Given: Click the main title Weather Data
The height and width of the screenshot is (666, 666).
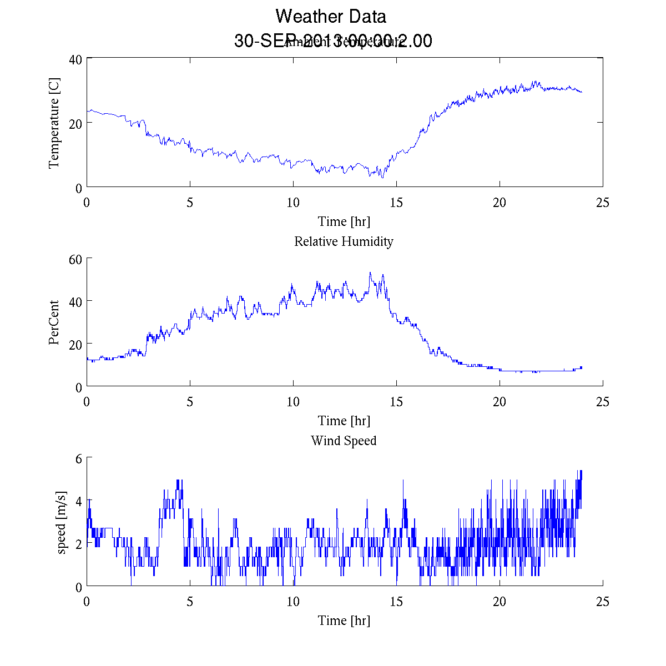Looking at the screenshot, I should click(331, 16).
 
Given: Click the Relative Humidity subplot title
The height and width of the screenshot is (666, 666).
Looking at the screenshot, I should click(344, 241).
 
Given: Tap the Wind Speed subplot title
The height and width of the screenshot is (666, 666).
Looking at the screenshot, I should click(344, 441).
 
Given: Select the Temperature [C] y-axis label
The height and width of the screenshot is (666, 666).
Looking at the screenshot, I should click(54, 123).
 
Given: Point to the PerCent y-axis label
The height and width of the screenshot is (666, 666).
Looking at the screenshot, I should click(54, 322).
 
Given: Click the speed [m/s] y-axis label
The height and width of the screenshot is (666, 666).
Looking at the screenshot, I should click(62, 522).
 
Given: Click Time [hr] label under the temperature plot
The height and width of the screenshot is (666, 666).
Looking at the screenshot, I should click(344, 221).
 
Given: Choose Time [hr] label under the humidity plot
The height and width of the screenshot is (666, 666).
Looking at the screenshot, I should click(344, 421).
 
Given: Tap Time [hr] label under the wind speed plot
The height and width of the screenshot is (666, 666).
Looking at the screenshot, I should click(344, 620).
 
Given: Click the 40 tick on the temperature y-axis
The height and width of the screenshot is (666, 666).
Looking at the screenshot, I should click(75, 59).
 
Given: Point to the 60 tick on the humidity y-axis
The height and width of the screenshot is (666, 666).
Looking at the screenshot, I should click(75, 259).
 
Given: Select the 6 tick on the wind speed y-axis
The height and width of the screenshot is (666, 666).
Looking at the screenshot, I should click(79, 458).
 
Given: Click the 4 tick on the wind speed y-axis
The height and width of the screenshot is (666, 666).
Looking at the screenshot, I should click(79, 501).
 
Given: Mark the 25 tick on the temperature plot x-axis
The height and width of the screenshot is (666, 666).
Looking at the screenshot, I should click(603, 203).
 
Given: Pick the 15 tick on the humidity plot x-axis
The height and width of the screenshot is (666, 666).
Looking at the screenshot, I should click(396, 402).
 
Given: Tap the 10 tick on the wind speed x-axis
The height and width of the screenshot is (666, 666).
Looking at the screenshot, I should click(293, 602).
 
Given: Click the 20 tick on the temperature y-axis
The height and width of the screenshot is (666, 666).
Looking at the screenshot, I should click(75, 123).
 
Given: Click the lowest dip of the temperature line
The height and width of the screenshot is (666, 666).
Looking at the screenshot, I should click(382, 178).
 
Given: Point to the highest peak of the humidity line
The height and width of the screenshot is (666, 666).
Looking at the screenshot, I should click(370, 273).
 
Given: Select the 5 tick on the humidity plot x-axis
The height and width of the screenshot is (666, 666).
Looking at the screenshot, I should click(190, 402).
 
